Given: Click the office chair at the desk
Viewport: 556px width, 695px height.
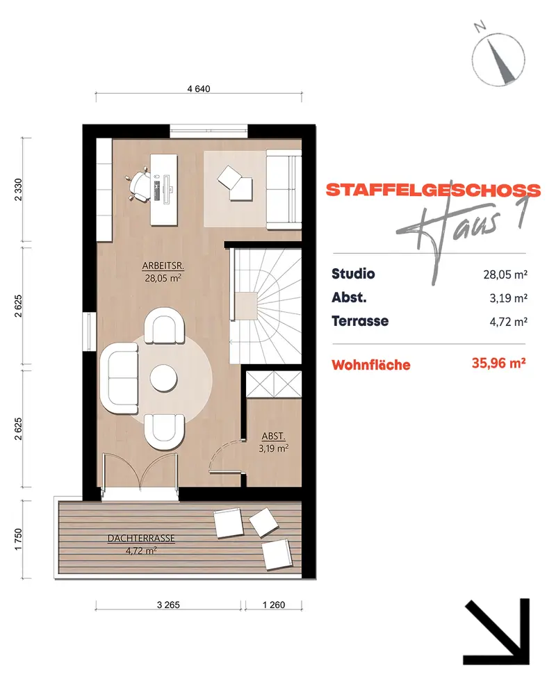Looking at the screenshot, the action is pyautogui.click(x=139, y=184).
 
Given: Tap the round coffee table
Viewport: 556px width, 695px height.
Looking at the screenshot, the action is pyautogui.click(x=163, y=378).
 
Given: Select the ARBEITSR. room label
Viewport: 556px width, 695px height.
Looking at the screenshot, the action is pyautogui.click(x=163, y=266).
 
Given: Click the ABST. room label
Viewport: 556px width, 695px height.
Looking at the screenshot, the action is pyautogui.click(x=273, y=436).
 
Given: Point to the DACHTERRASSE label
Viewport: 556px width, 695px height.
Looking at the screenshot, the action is pyautogui.click(x=141, y=538).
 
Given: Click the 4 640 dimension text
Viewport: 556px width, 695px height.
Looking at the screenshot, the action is pyautogui.click(x=199, y=89).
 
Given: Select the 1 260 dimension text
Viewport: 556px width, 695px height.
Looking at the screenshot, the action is pyautogui.click(x=274, y=605).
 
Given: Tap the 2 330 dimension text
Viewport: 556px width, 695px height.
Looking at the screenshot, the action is pyautogui.click(x=18, y=190).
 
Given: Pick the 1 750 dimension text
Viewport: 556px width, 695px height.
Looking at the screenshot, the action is pyautogui.click(x=18, y=539).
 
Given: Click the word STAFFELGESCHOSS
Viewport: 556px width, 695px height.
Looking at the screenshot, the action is pyautogui.click(x=433, y=190).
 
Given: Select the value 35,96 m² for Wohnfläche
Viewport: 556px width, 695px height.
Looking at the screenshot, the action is pyautogui.click(x=499, y=363).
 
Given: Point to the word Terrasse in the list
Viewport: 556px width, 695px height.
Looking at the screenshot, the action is pyautogui.click(x=360, y=320).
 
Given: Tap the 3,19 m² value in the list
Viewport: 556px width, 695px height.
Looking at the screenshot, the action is pyautogui.click(x=508, y=298).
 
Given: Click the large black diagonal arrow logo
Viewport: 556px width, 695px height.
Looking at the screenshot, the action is pyautogui.click(x=497, y=632).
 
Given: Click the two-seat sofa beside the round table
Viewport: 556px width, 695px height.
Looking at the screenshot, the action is pyautogui.click(x=120, y=378).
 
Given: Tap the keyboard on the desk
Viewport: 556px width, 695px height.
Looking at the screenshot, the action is pyautogui.click(x=156, y=186).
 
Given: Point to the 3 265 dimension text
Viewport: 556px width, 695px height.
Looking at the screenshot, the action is pyautogui.click(x=168, y=605).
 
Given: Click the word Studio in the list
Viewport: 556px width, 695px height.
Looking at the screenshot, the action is pyautogui.click(x=353, y=273).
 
